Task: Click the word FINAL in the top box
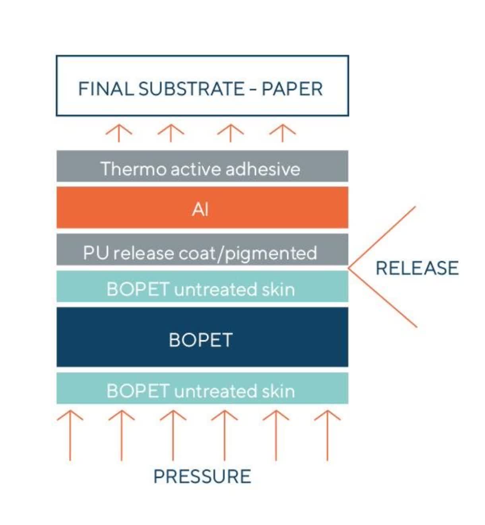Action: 106,89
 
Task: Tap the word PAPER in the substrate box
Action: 292,89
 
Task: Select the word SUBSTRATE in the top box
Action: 192,89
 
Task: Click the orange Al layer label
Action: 200,210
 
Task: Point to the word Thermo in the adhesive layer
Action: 134,169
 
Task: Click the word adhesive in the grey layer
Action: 263,169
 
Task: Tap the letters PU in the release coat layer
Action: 96,252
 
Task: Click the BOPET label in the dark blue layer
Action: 201,340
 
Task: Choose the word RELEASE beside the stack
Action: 417,268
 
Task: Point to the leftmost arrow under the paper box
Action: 119,133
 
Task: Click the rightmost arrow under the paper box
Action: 282,133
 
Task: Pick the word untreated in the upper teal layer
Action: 215,290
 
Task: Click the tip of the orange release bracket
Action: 349,268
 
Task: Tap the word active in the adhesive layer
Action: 196,169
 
